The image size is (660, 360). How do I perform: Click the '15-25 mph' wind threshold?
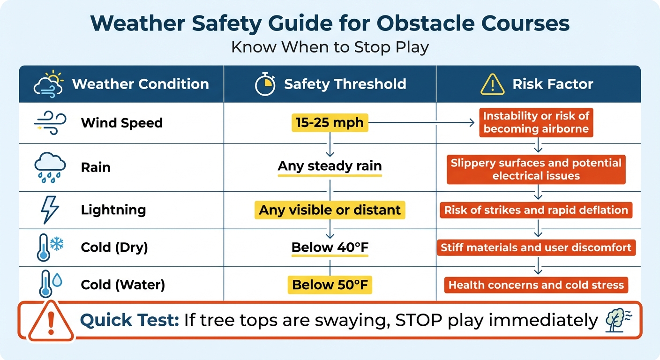click(330, 123)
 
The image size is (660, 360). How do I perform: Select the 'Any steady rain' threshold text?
click(330, 166)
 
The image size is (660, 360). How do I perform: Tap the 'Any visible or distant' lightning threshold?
click(330, 210)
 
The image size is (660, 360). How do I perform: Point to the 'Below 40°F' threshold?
click(330, 247)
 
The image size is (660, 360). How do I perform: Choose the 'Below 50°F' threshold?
click(330, 285)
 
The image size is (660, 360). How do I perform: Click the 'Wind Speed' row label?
click(122, 123)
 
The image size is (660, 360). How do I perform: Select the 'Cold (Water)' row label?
click(123, 285)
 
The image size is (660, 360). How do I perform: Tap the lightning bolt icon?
click(50, 210)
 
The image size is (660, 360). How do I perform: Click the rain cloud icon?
click(50, 167)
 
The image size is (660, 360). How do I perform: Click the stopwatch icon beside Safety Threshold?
click(265, 84)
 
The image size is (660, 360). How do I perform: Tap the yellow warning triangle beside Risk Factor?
click(492, 84)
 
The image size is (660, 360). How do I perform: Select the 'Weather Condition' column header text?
click(140, 84)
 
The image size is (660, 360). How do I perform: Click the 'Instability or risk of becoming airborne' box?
click(536, 122)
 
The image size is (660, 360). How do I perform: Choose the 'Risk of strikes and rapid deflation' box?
click(536, 210)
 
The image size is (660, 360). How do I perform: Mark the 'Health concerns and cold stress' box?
click(536, 285)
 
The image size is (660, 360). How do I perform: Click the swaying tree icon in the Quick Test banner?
click(618, 320)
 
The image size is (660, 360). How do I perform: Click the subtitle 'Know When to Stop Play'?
click(330, 48)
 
